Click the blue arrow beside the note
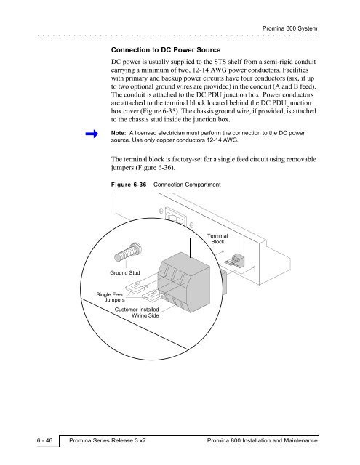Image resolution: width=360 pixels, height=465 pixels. [92, 134]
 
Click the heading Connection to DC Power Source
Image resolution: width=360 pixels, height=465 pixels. [166, 50]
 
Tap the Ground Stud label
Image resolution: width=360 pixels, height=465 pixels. [124, 273]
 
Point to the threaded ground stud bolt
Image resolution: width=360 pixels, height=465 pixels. [127, 252]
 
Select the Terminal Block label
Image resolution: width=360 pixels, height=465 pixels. [217, 239]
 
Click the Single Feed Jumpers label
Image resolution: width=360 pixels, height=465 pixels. [111, 297]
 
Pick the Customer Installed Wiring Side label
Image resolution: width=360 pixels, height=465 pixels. [137, 312]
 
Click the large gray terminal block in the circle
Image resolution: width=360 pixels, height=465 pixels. [184, 282]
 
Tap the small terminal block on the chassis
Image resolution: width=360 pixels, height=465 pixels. [237, 260]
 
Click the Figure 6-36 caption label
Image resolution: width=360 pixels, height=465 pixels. [129, 185]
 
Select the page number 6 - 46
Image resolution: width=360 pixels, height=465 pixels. [44, 440]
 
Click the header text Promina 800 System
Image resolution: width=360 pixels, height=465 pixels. [289, 28]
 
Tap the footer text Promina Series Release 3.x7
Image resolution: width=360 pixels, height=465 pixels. [108, 440]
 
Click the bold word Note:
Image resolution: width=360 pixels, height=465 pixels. [119, 133]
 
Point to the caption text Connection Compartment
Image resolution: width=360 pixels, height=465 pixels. [187, 185]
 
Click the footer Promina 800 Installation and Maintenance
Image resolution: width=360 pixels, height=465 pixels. [263, 440]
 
